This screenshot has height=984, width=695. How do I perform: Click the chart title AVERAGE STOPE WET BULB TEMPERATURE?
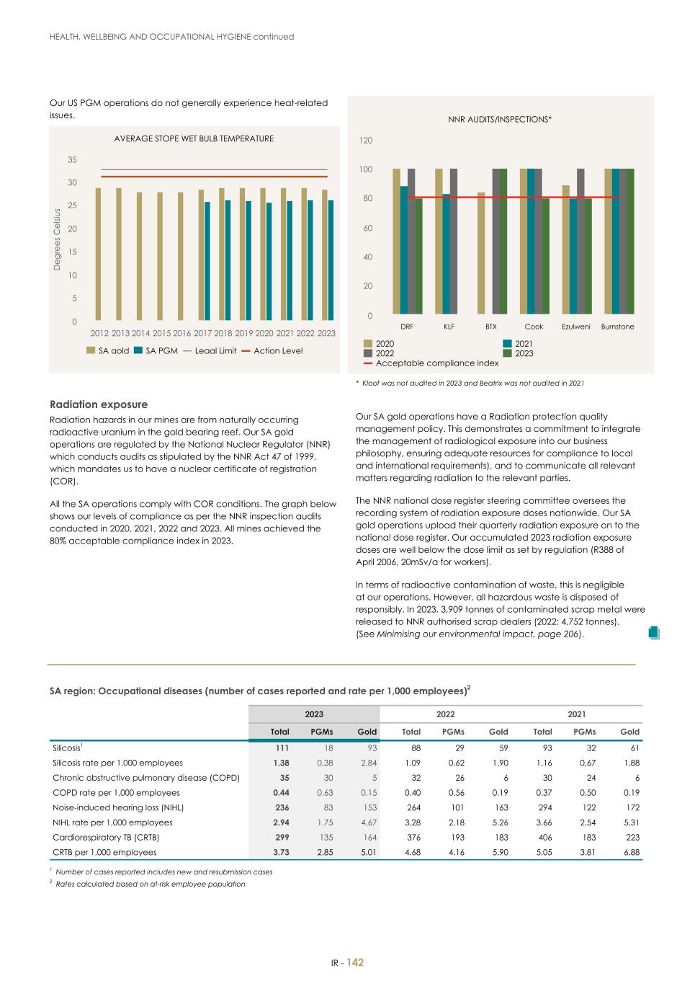click(x=194, y=138)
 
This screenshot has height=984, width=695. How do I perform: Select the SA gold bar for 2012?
click(x=99, y=254)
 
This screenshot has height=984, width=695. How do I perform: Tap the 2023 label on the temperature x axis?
click(x=326, y=333)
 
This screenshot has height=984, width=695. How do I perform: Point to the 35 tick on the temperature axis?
click(x=72, y=159)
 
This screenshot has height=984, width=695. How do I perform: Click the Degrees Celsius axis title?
click(x=58, y=239)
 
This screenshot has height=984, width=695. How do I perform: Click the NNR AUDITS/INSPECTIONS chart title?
click(x=499, y=119)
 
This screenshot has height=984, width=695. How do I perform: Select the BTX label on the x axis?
click(x=490, y=327)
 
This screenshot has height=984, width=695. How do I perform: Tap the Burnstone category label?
click(x=617, y=327)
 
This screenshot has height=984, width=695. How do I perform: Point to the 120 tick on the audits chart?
click(x=366, y=141)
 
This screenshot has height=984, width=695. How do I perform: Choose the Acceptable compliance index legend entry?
click(x=431, y=363)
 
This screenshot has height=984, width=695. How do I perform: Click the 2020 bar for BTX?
click(x=480, y=253)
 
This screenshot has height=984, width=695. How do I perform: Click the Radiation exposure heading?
click(x=99, y=404)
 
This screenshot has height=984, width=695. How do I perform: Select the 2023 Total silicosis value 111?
click(x=281, y=748)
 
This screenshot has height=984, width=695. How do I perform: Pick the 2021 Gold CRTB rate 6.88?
click(x=632, y=852)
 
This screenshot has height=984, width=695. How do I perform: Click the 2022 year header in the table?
click(x=445, y=714)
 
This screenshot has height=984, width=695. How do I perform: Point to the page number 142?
click(x=355, y=962)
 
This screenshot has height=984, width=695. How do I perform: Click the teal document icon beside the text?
click(x=653, y=632)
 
